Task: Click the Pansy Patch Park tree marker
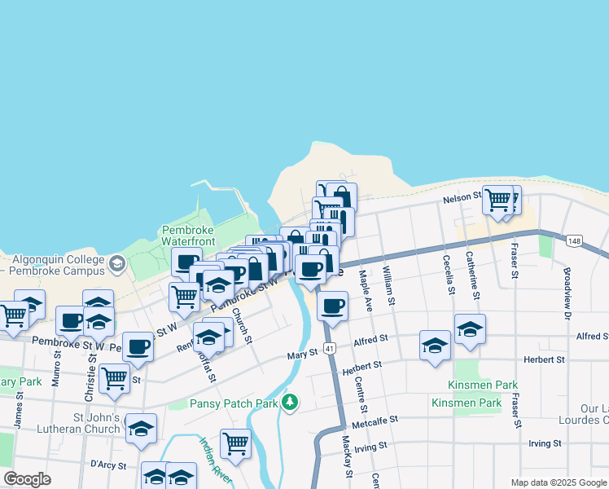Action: (x=290, y=402)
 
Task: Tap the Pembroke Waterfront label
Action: (x=188, y=236)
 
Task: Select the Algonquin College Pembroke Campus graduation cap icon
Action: (x=117, y=263)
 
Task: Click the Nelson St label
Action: (x=458, y=200)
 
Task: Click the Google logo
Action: (x=27, y=479)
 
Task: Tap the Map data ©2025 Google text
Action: (x=559, y=482)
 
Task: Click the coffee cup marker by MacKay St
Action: (x=332, y=306)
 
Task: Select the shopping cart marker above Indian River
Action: (x=235, y=443)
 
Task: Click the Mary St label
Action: (x=302, y=355)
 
